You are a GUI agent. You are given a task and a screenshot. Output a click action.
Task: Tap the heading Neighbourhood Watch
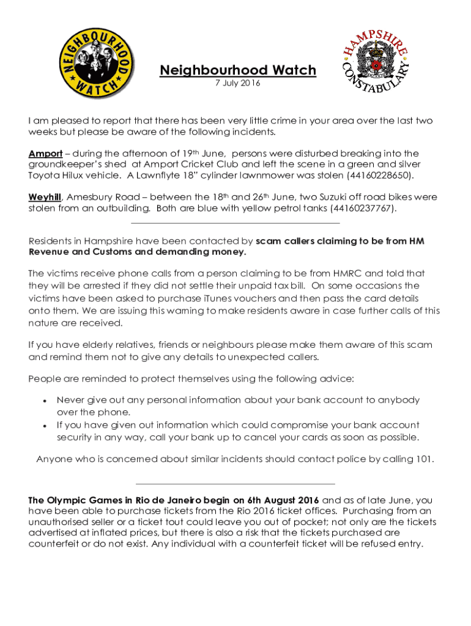[x=238, y=70]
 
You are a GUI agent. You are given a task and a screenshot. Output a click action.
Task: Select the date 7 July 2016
[x=238, y=83]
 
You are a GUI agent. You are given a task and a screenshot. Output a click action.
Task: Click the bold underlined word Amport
[x=45, y=153]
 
